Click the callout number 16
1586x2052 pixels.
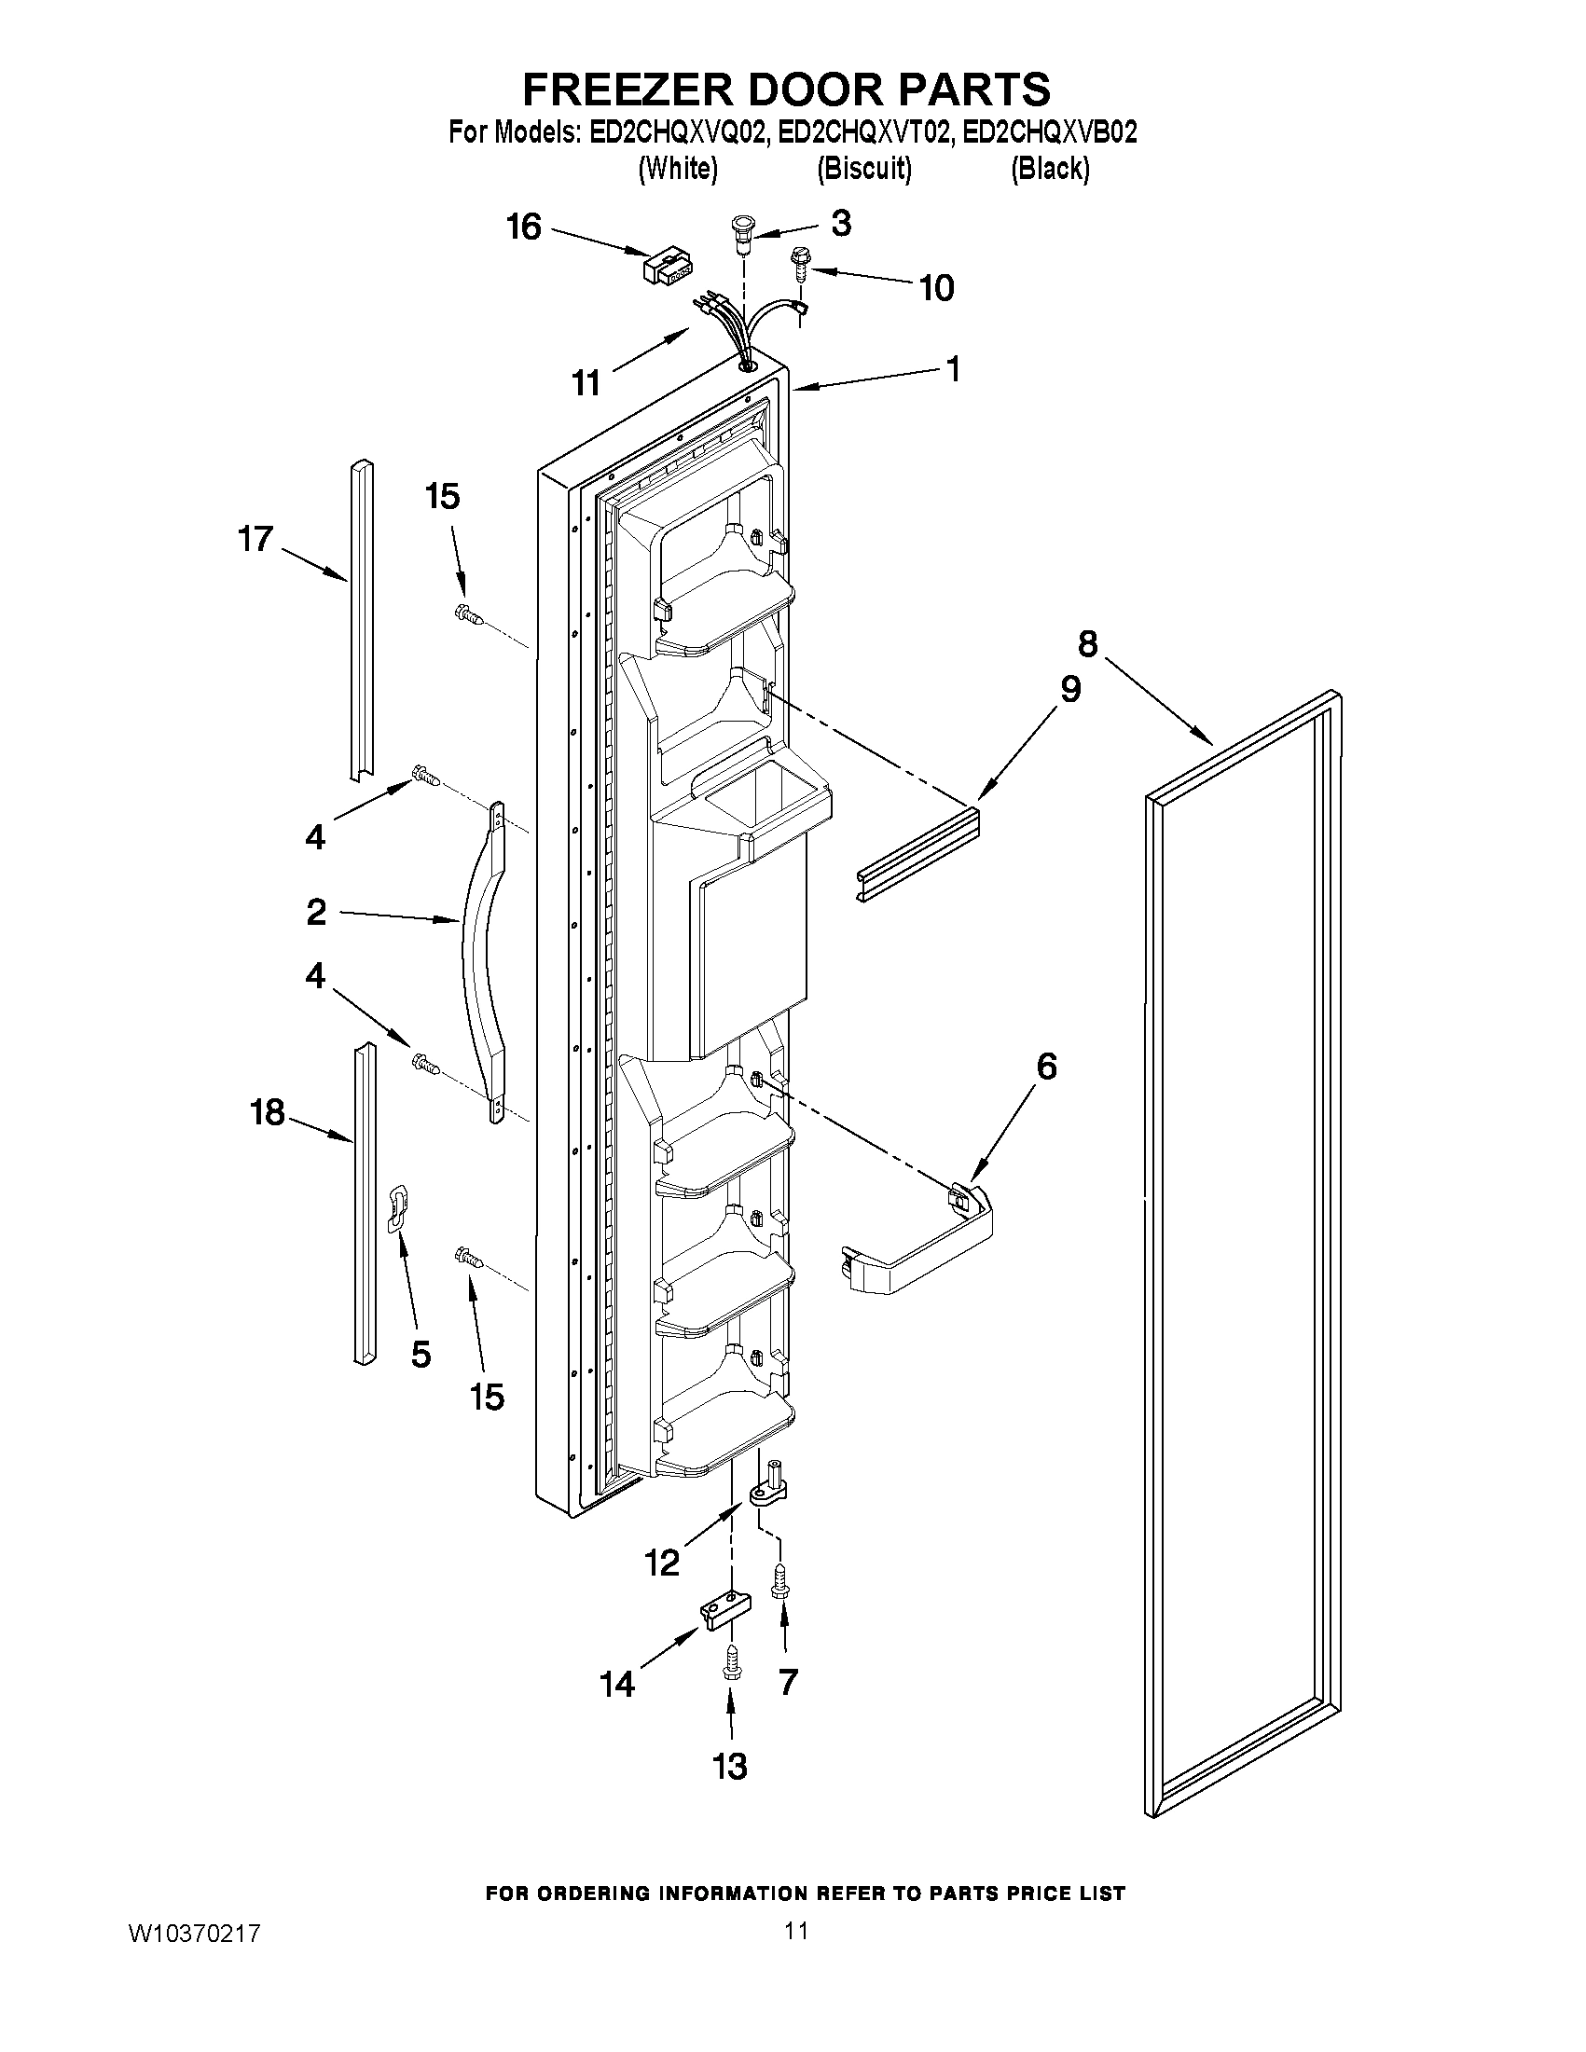pyautogui.click(x=524, y=227)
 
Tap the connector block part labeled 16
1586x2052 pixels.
pyautogui.click(x=664, y=267)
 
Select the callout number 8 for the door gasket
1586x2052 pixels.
pyautogui.click(x=1086, y=643)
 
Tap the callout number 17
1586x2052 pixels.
pyautogui.click(x=255, y=538)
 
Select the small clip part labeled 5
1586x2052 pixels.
pyautogui.click(x=398, y=1205)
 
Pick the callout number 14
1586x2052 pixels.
pyautogui.click(x=618, y=1685)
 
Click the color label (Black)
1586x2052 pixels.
pyautogui.click(x=1050, y=169)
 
